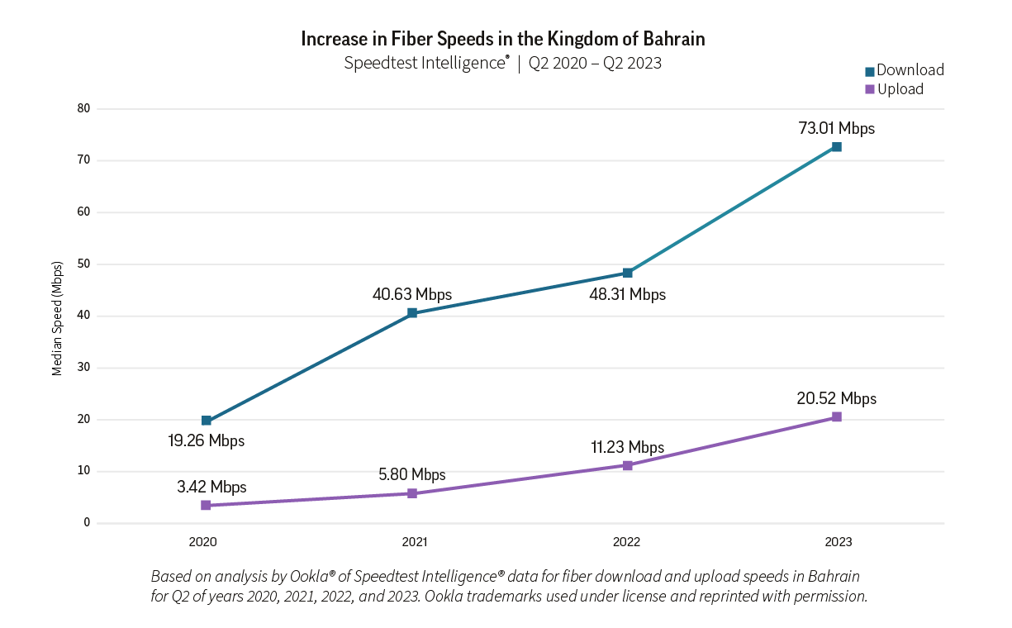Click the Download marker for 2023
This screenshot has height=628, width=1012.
click(x=836, y=147)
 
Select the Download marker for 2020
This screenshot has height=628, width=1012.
click(x=206, y=421)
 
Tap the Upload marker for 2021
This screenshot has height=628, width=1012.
click(x=412, y=493)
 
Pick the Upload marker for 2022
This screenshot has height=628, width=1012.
click(x=628, y=465)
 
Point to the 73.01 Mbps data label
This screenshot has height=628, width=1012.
click(x=836, y=129)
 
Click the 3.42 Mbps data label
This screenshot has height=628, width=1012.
click(x=211, y=488)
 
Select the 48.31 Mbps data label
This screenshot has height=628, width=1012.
click(x=627, y=295)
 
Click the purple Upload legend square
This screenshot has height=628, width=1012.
click(x=869, y=89)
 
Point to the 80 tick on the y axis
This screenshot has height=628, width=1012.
click(x=83, y=108)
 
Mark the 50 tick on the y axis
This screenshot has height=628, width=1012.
click(x=83, y=264)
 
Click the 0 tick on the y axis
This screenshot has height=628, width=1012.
click(x=86, y=523)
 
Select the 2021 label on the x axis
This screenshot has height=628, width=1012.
click(x=415, y=543)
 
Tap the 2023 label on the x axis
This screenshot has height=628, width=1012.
click(x=838, y=543)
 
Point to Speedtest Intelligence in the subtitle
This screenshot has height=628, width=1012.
click(x=425, y=63)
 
